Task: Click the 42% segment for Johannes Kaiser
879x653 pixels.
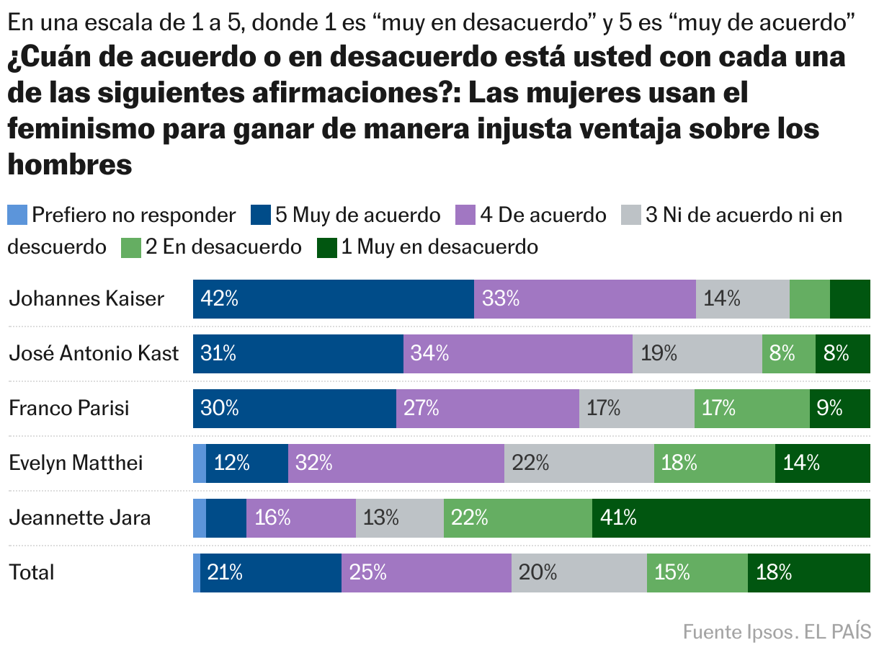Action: tap(333, 299)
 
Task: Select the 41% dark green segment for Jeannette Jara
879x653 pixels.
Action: tap(731, 517)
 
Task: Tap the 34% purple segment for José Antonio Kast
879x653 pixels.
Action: tap(517, 354)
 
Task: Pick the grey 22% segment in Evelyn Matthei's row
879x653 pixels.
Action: tap(579, 463)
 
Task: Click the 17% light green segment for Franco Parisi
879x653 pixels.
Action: tap(751, 409)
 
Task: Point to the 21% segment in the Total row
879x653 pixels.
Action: tap(270, 572)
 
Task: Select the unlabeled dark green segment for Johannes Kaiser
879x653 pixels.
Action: tap(849, 299)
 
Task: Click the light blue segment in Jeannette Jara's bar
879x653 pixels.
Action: tap(200, 517)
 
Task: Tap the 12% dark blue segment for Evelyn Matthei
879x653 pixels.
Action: tap(246, 463)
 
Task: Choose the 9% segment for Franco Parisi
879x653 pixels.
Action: tap(839, 409)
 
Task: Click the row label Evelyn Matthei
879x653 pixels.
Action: tap(76, 463)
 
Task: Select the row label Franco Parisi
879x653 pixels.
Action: tap(69, 409)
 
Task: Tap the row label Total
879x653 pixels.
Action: tap(32, 572)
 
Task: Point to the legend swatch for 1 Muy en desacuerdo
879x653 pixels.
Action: tap(326, 247)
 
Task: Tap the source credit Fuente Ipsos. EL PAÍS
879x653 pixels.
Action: tap(777, 632)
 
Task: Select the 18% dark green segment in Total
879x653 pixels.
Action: tap(808, 572)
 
